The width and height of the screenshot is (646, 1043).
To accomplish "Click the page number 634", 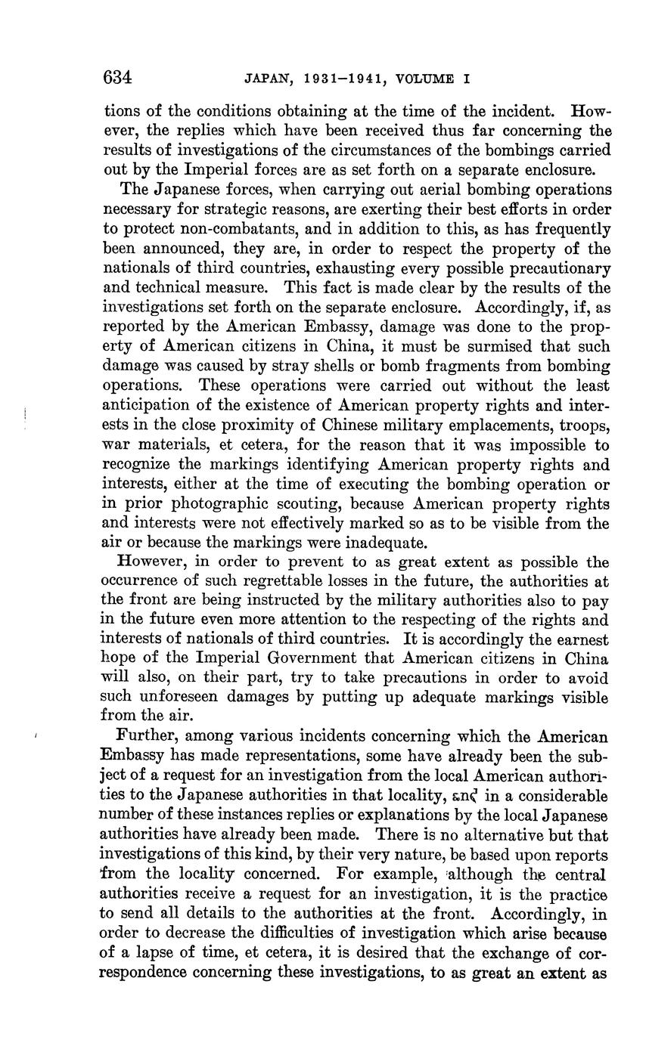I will (x=118, y=78).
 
